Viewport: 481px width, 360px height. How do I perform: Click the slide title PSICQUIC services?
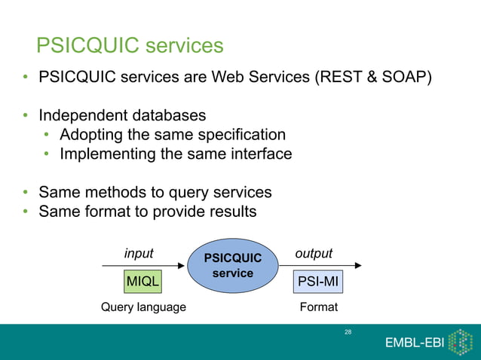[x=130, y=46]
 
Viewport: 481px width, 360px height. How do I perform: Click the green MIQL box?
[x=142, y=282]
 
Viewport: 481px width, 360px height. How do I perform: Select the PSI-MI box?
[x=317, y=282]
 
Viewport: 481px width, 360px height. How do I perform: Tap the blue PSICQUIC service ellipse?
[x=232, y=266]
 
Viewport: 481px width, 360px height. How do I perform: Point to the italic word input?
[x=139, y=254]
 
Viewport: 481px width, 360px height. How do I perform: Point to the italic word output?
[x=314, y=254]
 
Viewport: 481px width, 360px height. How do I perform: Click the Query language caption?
[x=143, y=307]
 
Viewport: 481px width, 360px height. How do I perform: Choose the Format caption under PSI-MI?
[x=318, y=307]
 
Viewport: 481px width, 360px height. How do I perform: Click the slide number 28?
[x=348, y=331]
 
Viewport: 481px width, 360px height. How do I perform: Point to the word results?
[x=230, y=212]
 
